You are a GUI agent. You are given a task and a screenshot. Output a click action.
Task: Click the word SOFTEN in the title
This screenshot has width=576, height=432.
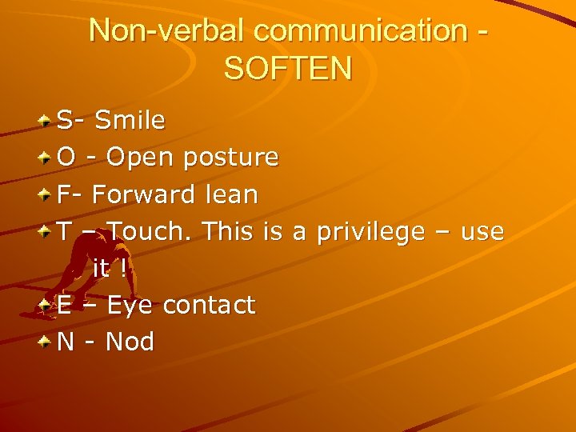(x=288, y=68)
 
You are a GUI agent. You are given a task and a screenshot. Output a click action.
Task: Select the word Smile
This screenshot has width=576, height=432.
(x=130, y=121)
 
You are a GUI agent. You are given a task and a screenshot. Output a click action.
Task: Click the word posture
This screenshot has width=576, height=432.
(x=230, y=158)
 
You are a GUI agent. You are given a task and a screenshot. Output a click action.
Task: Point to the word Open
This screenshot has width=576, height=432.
(x=140, y=158)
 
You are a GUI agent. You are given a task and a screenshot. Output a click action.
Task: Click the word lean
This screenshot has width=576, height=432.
(x=230, y=194)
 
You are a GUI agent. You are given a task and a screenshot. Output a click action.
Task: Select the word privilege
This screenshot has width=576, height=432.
(x=370, y=231)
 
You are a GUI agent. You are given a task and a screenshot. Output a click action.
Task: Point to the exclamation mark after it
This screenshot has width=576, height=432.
(x=122, y=268)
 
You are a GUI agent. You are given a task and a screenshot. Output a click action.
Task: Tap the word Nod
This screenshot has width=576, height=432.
(x=130, y=342)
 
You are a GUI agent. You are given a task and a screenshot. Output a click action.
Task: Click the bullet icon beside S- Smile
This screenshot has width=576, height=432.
(x=46, y=122)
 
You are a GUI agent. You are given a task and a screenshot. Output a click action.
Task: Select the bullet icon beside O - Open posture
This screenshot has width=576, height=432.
(x=46, y=158)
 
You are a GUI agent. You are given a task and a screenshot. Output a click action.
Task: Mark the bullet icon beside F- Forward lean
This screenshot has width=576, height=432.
(x=46, y=195)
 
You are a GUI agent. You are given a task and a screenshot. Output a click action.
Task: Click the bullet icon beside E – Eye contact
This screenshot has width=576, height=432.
(x=46, y=306)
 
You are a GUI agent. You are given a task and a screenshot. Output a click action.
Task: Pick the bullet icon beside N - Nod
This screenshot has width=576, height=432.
(x=46, y=342)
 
